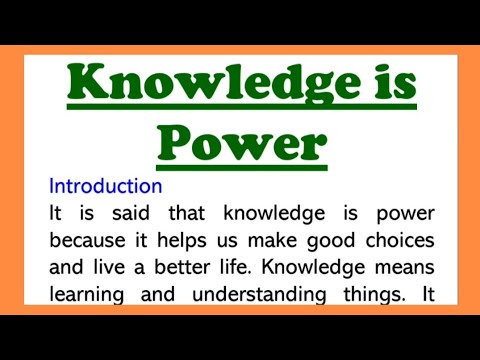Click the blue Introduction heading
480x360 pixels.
pos(105,186)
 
